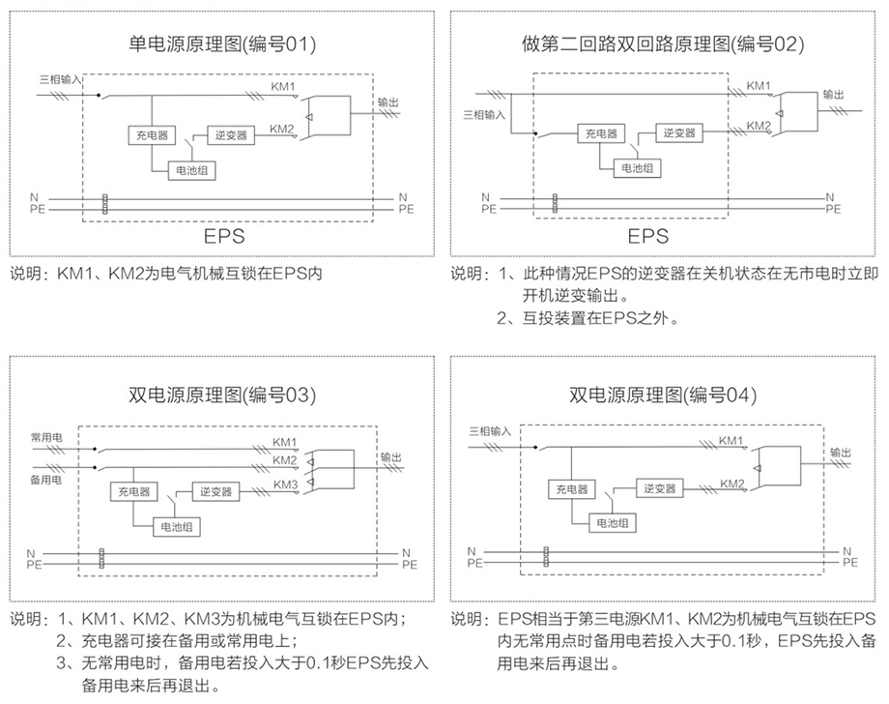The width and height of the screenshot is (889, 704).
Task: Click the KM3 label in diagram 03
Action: (285, 484)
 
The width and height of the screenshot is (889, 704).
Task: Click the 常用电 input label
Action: (45, 439)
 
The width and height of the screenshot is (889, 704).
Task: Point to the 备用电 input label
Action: (45, 481)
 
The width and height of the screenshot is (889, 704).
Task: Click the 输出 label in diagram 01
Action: (387, 101)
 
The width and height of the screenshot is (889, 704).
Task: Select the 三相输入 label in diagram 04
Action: (488, 430)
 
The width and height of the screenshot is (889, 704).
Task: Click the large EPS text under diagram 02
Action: (648, 235)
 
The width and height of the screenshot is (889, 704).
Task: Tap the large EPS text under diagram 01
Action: (225, 235)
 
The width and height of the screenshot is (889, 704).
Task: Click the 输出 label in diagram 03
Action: (391, 456)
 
